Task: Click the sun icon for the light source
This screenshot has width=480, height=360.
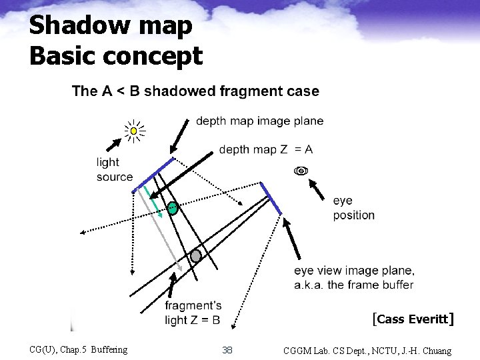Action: [135, 131]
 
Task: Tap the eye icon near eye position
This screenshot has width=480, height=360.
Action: [301, 171]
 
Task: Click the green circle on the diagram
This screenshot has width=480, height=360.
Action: [173, 208]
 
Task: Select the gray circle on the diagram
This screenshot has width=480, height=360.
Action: [195, 256]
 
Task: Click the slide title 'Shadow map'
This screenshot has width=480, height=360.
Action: [111, 26]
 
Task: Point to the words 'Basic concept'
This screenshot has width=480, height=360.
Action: [115, 56]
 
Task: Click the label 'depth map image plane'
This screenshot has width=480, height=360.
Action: [259, 121]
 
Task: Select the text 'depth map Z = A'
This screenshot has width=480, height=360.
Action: [265, 149]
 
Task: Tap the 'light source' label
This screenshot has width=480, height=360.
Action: [114, 169]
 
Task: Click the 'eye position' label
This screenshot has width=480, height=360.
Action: [353, 207]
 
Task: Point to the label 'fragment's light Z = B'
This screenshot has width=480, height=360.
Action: [193, 313]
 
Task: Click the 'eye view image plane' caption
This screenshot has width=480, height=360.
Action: [354, 277]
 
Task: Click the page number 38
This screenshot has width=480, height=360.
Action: [227, 350]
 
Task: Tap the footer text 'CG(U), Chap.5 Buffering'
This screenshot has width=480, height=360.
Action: [79, 349]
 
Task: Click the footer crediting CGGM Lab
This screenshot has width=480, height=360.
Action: [367, 350]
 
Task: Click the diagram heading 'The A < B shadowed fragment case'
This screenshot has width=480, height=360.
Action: [195, 91]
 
